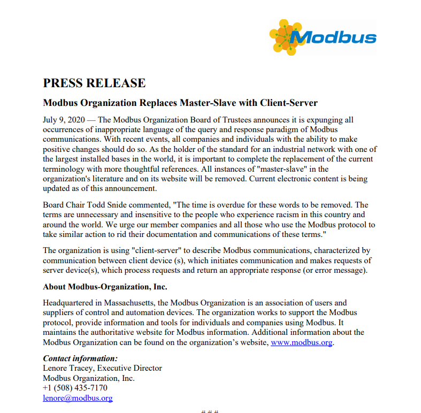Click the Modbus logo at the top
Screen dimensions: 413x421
pyautogui.click(x=323, y=37)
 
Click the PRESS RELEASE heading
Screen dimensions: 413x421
pyautogui.click(x=94, y=83)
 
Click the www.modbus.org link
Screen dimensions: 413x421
pyautogui.click(x=302, y=342)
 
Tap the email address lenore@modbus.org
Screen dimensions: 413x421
pyautogui.click(x=78, y=398)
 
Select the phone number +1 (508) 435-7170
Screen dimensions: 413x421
pyautogui.click(x=75, y=388)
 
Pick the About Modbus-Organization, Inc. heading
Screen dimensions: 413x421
pyautogui.click(x=105, y=286)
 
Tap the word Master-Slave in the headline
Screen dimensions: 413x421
pyautogui.click(x=207, y=102)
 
